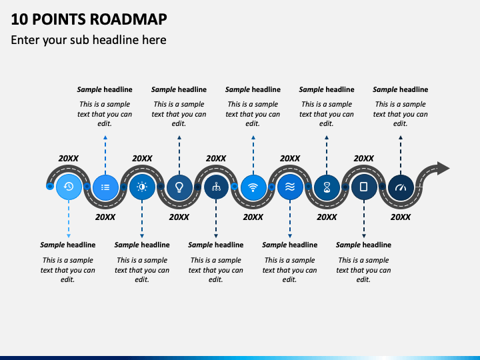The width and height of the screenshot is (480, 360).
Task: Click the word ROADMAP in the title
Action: pos(128,19)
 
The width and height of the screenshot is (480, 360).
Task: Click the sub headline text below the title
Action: pos(89,40)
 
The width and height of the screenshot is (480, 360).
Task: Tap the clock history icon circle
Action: pos(69,187)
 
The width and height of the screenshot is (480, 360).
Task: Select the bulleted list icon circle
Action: pos(105,187)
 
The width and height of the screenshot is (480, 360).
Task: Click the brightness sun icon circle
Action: pos(142,187)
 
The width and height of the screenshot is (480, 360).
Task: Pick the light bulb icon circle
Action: pos(179,187)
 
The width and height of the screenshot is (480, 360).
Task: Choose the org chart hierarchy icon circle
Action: pos(216,187)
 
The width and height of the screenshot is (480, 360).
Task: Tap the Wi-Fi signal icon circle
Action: pos(253,187)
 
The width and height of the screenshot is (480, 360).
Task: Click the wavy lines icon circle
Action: pos(290,187)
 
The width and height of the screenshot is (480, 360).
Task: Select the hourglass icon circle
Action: pos(327,187)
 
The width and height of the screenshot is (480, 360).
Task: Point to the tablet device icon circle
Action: pos(364,187)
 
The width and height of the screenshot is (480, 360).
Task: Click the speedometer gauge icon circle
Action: pos(401,187)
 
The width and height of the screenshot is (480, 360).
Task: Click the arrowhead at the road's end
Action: pos(443,168)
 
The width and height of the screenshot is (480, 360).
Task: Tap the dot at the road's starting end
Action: pos(50,186)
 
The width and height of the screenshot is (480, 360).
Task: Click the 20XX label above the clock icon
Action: pos(69,158)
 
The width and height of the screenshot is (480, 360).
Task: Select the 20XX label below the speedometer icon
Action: pos(401,217)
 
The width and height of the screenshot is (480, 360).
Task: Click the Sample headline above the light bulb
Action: pos(179,89)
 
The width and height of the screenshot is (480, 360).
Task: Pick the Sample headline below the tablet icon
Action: pos(363,245)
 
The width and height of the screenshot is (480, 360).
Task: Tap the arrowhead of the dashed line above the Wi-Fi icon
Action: pos(253,138)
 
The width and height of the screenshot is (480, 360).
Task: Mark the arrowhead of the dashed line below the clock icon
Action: pos(69,236)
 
